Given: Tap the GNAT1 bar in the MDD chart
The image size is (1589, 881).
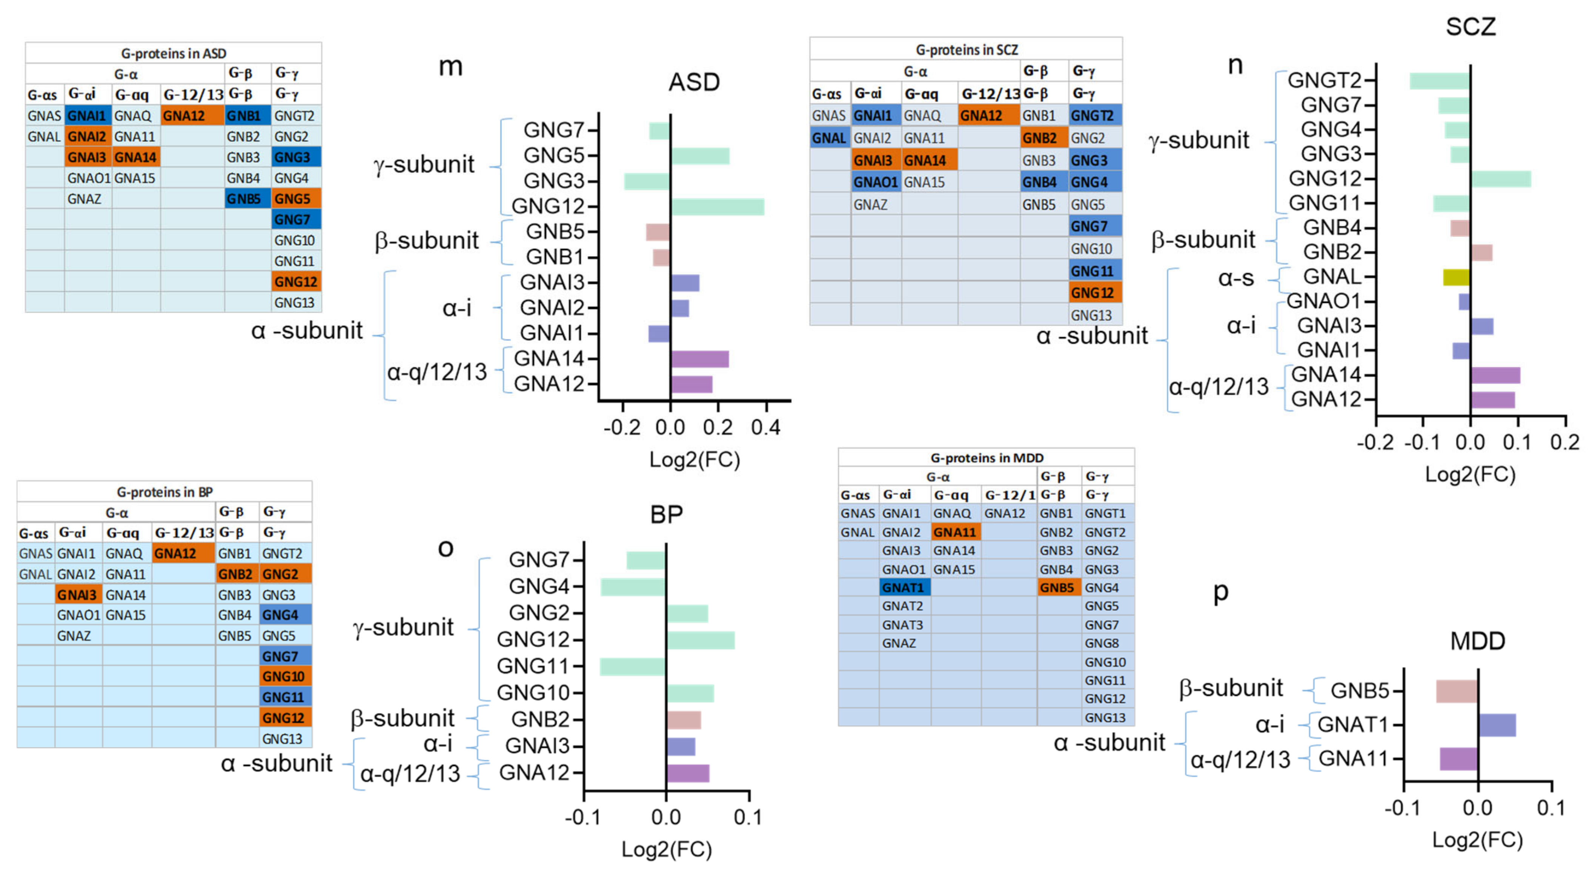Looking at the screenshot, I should coord(1497,725).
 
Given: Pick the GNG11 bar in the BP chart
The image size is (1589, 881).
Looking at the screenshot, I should coord(633,666).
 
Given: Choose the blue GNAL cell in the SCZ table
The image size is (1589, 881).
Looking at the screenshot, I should coord(830,138).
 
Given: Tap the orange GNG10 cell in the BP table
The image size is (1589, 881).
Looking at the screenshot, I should coord(285,676).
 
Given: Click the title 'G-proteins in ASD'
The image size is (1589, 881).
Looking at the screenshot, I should coord(173,54).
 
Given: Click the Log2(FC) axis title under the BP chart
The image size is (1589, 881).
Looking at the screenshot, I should coord(666,850).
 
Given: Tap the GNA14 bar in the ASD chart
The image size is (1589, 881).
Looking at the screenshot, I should coord(699,359).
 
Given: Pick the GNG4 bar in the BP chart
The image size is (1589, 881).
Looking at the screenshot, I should coord(633,587).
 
